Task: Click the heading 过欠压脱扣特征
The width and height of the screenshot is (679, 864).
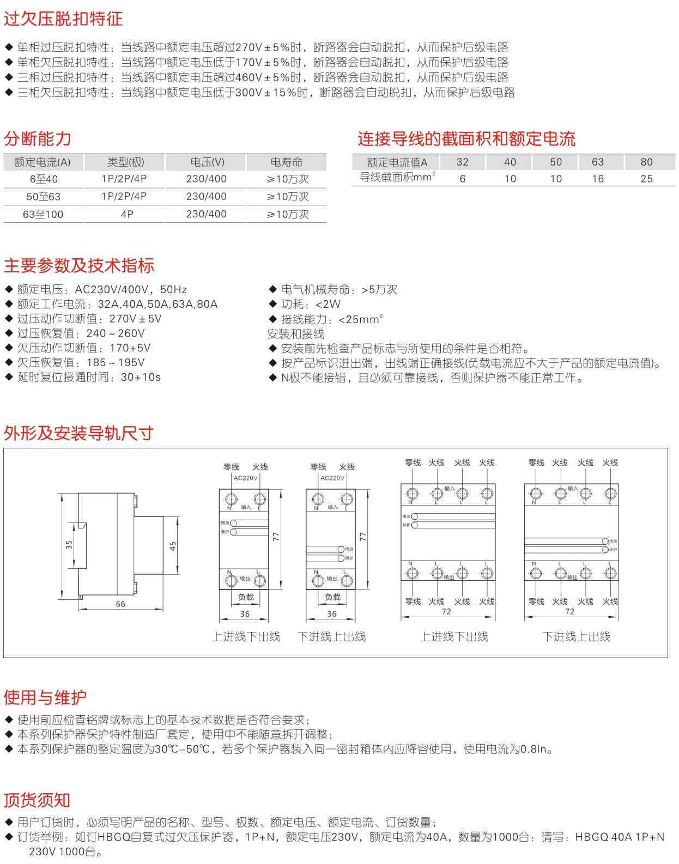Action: [63, 19]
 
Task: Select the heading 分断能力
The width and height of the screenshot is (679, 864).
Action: [37, 139]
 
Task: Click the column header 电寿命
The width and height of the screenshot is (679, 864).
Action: [286, 162]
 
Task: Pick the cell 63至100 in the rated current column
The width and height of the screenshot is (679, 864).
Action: [43, 215]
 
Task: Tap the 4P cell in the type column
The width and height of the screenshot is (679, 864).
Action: [126, 215]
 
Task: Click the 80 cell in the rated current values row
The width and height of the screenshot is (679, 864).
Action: [646, 162]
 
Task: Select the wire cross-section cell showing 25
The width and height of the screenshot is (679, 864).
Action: [646, 179]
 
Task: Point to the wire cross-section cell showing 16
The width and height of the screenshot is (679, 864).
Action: [598, 179]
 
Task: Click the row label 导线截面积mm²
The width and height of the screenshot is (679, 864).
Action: [397, 178]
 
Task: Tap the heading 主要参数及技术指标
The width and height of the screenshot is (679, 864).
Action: [79, 266]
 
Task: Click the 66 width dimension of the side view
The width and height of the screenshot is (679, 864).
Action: [120, 604]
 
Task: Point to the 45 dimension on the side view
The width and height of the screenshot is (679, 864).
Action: [173, 546]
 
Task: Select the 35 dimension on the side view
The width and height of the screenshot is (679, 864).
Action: [69, 544]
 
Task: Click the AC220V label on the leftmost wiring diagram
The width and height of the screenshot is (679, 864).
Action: [245, 478]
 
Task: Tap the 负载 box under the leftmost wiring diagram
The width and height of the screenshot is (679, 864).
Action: [246, 597]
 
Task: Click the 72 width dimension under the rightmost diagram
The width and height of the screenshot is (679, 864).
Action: [569, 612]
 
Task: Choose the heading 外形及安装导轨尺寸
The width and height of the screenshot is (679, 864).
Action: [78, 434]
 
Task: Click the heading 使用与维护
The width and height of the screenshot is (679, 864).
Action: [45, 697]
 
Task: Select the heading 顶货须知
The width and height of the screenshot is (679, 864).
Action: [37, 800]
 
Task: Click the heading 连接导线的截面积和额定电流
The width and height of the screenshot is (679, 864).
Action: [466, 139]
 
